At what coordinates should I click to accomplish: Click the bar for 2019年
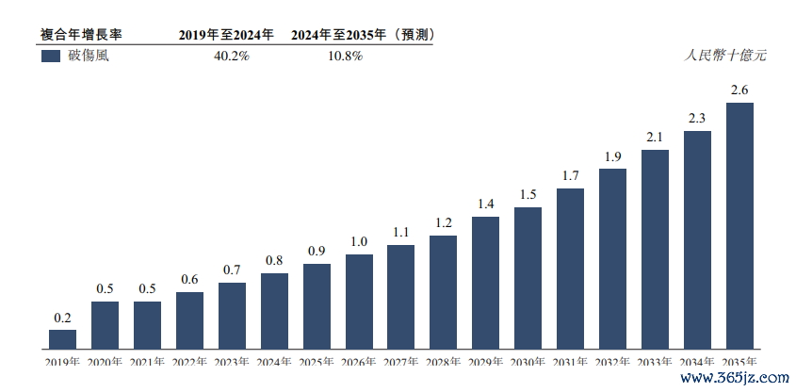63,338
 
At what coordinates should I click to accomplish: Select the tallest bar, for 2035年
739,225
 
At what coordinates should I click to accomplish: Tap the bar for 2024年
274,310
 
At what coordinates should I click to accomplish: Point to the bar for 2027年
401,296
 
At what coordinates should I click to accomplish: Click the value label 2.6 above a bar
739,90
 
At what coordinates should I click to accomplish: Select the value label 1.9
612,156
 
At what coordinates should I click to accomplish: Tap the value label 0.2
63,318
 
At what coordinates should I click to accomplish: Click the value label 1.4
486,204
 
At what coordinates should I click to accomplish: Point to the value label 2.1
655,138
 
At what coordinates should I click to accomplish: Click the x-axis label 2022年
189,362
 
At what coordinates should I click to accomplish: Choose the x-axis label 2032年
612,362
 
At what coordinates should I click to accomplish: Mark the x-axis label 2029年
486,362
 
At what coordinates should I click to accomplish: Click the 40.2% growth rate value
232,57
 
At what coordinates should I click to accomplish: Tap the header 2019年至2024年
226,35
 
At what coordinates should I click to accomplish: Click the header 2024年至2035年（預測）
362,35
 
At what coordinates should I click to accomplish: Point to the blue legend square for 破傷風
51,56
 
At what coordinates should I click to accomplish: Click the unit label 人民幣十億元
725,56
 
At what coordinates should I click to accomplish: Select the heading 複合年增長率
81,35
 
